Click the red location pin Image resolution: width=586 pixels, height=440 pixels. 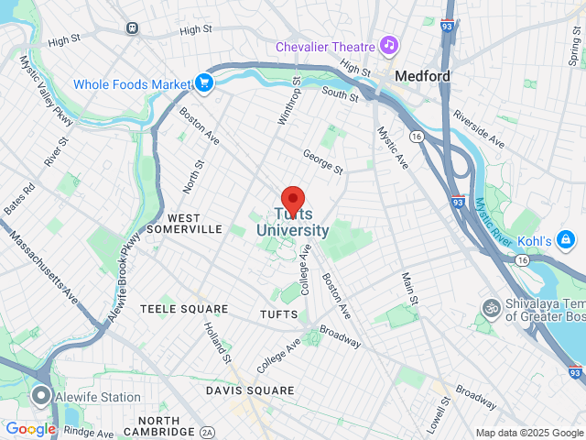(292, 199)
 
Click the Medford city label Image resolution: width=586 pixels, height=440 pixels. (422, 76)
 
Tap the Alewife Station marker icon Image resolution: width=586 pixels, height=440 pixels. (40, 397)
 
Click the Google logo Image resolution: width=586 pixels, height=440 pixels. (30, 429)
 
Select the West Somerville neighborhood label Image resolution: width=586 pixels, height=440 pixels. (184, 224)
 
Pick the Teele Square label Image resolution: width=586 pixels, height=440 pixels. (184, 310)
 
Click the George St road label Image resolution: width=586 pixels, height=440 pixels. (322, 162)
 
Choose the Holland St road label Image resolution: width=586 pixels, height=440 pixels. (218, 341)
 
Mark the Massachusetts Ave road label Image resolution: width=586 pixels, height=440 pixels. (43, 267)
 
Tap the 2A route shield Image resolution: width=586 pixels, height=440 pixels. (208, 432)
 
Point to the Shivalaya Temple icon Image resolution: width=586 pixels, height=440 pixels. (490, 306)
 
